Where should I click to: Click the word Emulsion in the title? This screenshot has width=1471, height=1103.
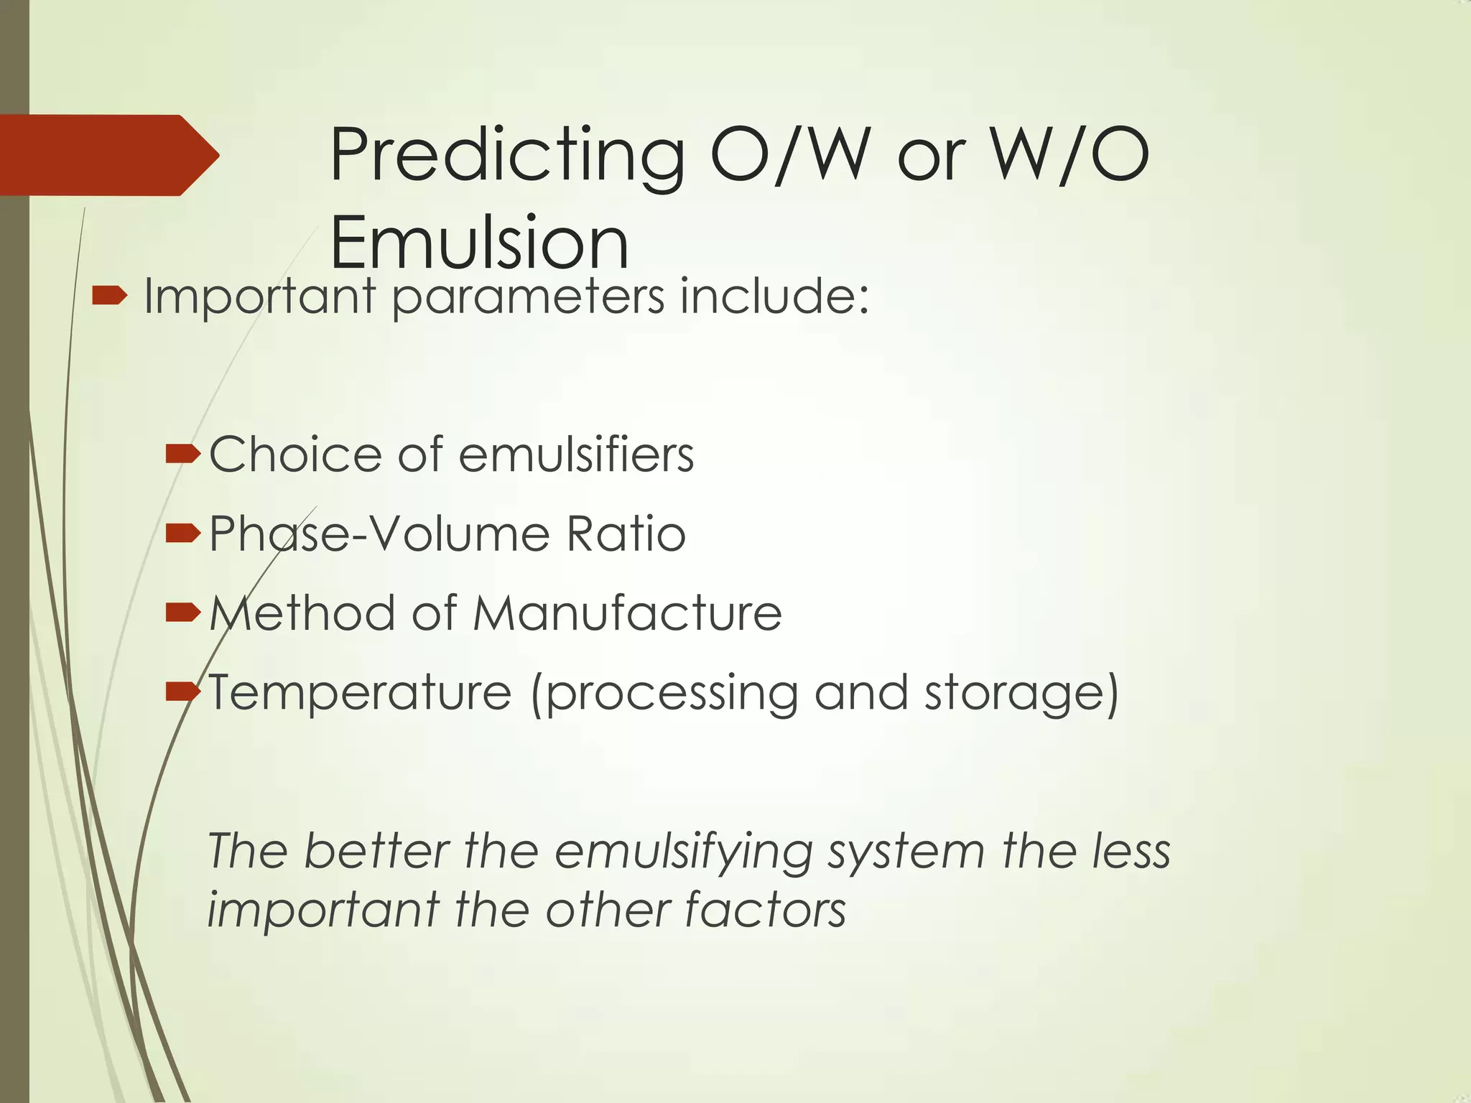[x=479, y=242]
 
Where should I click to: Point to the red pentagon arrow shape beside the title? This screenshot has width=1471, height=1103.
[x=108, y=155]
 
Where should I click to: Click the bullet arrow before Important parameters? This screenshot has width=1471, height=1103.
[x=110, y=294]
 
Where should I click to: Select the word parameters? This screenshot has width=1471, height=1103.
[x=528, y=298]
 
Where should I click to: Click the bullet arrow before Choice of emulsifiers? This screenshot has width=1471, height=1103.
[x=182, y=454]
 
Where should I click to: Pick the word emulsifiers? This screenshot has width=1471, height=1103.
[x=576, y=455]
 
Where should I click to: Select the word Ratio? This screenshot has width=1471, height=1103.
[x=626, y=534]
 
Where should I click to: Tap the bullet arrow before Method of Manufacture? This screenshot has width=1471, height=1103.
[x=182, y=613]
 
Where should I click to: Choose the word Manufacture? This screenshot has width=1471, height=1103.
[x=627, y=613]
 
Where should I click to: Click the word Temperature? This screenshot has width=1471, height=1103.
[x=360, y=694]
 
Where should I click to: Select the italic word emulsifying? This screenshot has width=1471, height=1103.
[x=682, y=852]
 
